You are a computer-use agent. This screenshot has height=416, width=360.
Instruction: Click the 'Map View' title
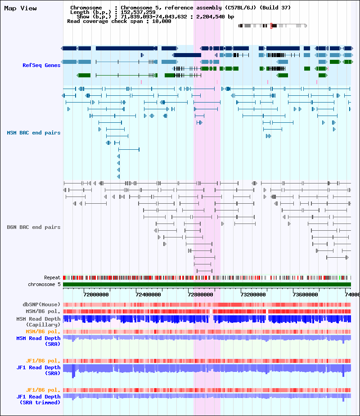pyautogui.click(x=20, y=9)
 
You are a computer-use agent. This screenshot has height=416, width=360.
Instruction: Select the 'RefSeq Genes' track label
pyautogui.click(x=41, y=65)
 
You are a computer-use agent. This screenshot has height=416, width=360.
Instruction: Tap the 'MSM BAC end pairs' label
pyautogui.click(x=34, y=133)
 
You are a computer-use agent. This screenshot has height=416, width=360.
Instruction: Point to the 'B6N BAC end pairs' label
pyautogui.click(x=34, y=227)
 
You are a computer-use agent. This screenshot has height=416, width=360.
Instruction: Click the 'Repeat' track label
pyautogui.click(x=52, y=278)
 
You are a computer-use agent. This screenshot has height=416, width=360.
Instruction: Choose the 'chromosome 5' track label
pyautogui.click(x=45, y=284)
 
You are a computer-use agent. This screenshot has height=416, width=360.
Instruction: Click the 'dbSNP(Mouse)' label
pyautogui.click(x=41, y=304)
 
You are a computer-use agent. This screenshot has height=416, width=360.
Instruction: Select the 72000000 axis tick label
pyautogui.click(x=96, y=295)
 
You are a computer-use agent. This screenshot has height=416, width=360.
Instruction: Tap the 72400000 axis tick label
pyautogui.click(x=148, y=295)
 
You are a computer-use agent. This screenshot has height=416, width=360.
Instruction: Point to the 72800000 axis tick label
pyautogui.click(x=200, y=295)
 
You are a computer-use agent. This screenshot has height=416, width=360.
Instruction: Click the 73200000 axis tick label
pyautogui.click(x=253, y=295)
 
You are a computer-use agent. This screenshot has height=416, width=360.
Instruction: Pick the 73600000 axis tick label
pyautogui.click(x=305, y=295)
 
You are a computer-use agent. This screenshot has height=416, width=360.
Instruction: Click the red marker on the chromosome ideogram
pyautogui.click(x=271, y=26)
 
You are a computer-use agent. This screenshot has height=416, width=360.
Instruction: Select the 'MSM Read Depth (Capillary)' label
pyautogui.click(x=39, y=322)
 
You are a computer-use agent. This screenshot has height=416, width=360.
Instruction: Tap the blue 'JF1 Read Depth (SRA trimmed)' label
pyautogui.click(x=39, y=399)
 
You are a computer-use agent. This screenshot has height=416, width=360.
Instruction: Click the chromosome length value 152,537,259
pyautogui.click(x=138, y=12)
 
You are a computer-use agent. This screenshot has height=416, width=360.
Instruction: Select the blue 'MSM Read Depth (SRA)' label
pyautogui.click(x=39, y=341)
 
